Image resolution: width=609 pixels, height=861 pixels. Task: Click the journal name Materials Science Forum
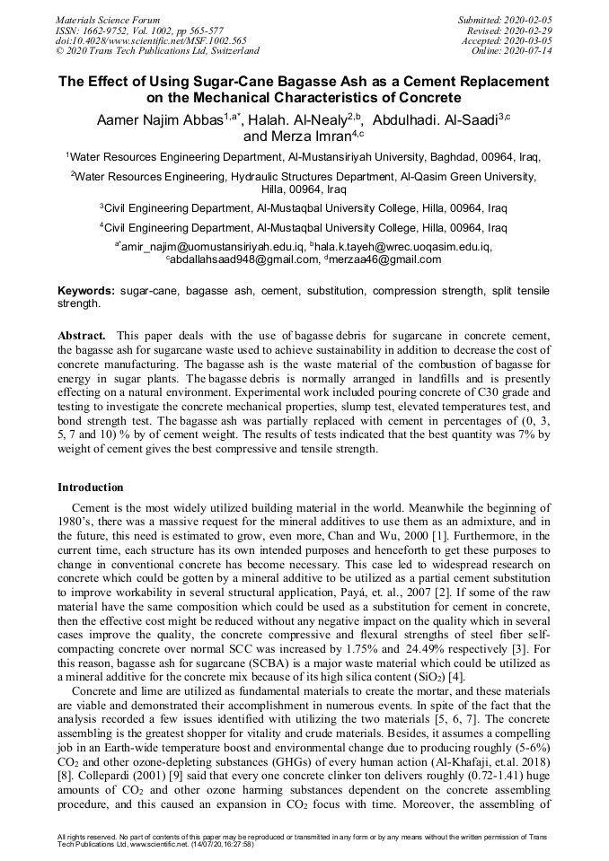click(x=108, y=19)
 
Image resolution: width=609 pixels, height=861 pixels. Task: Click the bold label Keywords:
click(x=86, y=292)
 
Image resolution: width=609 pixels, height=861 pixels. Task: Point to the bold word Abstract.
click(x=82, y=335)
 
